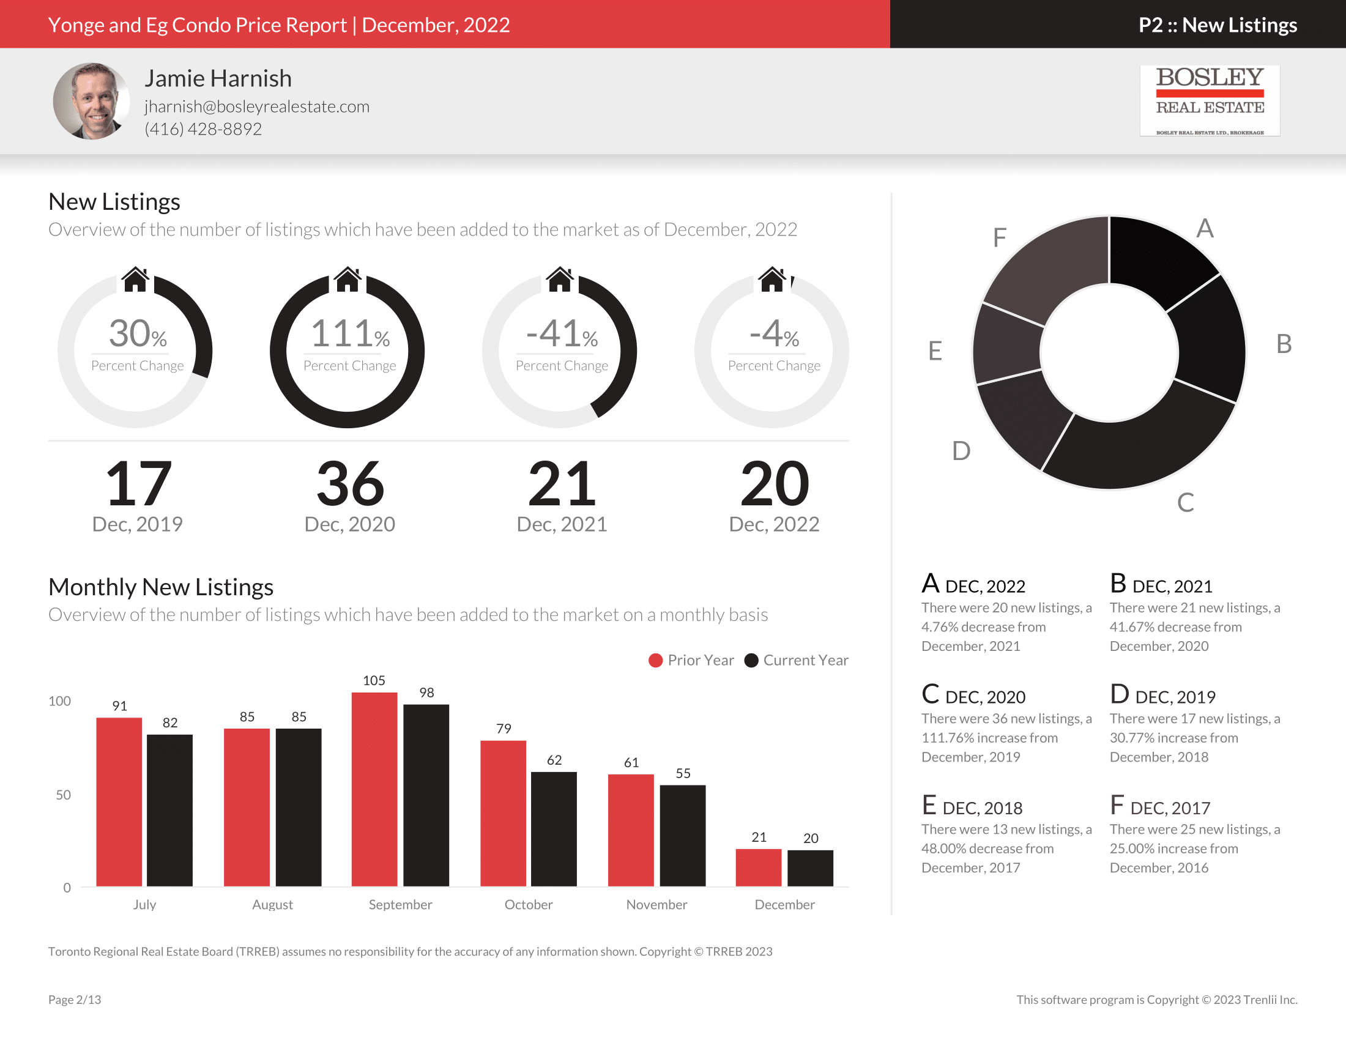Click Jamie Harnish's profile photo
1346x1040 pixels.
91,101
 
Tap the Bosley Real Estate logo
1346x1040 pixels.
1209,100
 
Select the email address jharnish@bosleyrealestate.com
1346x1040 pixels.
257,106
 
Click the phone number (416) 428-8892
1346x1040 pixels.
203,128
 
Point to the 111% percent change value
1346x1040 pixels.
349,334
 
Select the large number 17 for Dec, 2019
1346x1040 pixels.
138,484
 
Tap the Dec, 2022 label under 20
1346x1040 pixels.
773,524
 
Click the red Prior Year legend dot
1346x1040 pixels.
655,661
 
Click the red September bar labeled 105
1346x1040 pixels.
374,789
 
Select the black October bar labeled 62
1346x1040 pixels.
554,829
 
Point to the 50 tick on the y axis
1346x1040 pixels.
63,795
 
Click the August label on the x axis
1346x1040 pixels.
272,904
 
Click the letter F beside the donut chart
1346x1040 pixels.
999,237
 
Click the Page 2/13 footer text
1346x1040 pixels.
75,1000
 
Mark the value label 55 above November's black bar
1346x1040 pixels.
683,773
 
